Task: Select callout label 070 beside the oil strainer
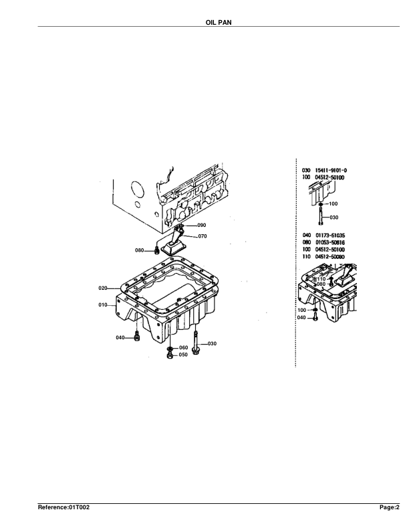(202, 236)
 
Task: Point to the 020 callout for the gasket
(104, 288)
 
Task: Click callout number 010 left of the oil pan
(104, 304)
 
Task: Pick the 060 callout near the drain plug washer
(183, 348)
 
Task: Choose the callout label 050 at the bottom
(183, 355)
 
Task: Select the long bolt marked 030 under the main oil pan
(195, 345)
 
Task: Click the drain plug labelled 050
(170, 356)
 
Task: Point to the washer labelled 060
(170, 349)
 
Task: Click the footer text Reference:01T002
(63, 509)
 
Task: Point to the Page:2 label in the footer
(390, 509)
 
